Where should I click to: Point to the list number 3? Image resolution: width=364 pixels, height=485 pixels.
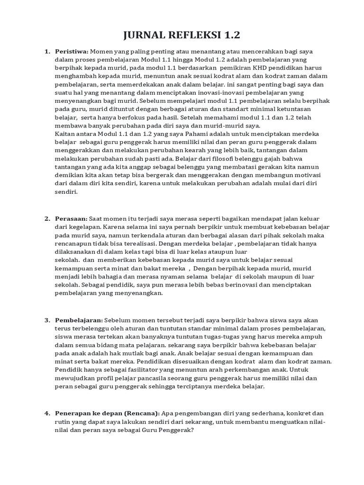point(47,320)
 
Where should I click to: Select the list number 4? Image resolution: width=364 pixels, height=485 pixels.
point(47,413)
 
